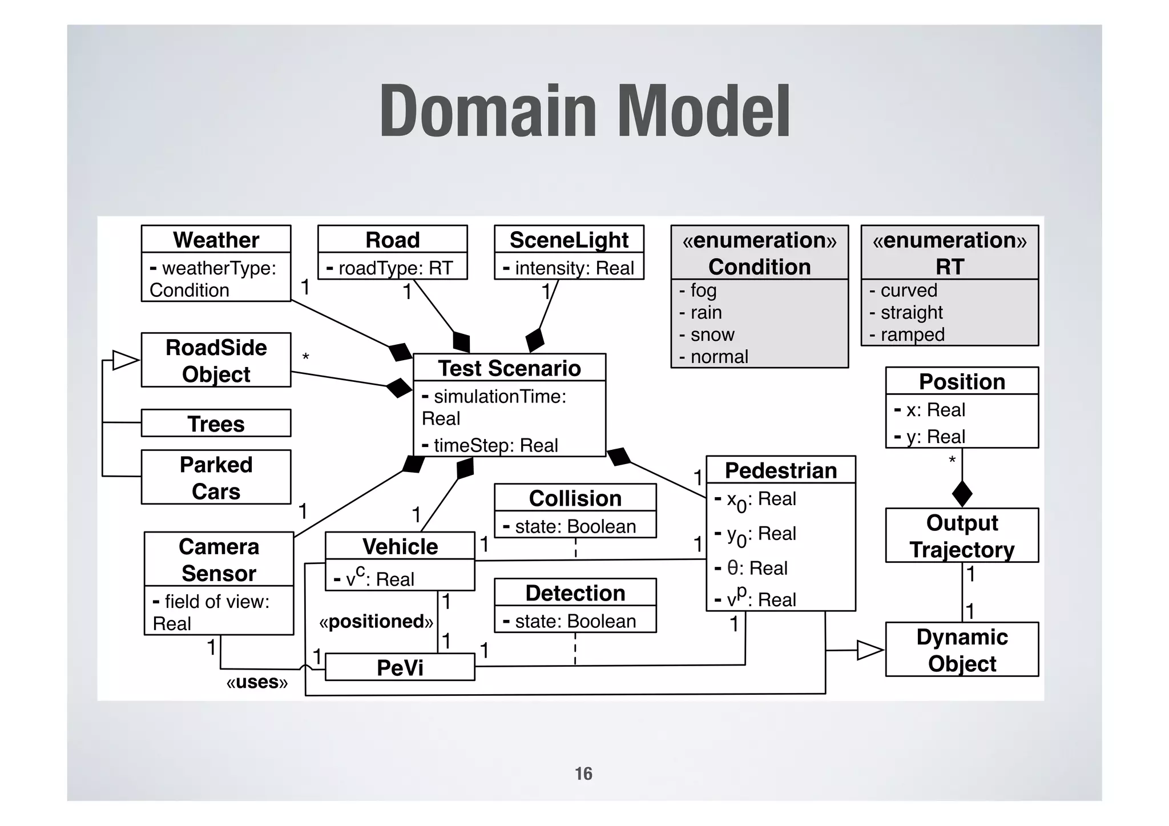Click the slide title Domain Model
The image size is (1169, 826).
click(584, 111)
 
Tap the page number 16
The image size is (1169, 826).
click(583, 773)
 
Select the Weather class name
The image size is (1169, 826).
click(216, 240)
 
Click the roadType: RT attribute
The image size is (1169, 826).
click(392, 268)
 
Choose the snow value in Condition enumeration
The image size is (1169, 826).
click(712, 335)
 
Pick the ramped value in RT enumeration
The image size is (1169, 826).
click(912, 335)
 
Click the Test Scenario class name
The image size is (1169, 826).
click(509, 368)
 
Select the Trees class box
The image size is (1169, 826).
click(216, 424)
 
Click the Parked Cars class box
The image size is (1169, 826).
click(216, 477)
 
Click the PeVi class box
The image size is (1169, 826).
click(400, 667)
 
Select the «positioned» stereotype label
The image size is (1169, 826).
click(376, 621)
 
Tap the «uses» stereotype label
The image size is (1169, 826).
click(257, 682)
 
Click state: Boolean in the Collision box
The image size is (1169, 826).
click(575, 526)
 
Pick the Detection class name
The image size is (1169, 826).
click(575, 593)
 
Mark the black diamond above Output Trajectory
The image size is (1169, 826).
click(962, 493)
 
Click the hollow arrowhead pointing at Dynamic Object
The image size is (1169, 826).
click(870, 650)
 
